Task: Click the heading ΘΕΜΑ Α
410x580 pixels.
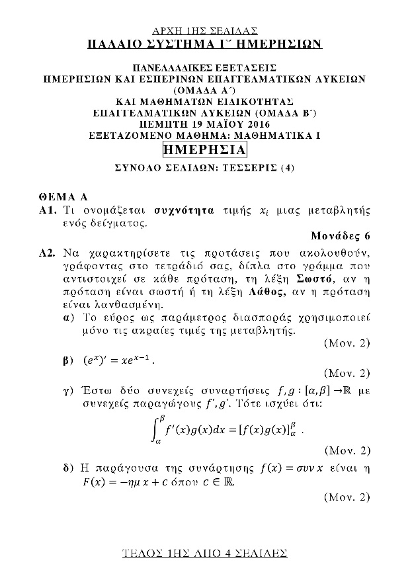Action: click(x=63, y=197)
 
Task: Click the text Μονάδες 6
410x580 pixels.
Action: click(x=340, y=236)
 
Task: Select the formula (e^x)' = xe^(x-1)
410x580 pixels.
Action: click(x=116, y=362)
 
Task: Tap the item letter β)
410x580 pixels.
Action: click(x=66, y=362)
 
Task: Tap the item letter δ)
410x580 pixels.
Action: click(x=66, y=469)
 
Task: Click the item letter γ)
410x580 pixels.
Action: click(x=66, y=392)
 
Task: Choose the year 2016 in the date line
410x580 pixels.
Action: click(x=255, y=123)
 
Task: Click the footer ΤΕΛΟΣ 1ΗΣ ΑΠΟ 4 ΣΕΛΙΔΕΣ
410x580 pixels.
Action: click(x=204, y=552)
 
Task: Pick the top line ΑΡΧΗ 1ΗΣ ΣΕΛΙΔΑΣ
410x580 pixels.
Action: click(x=204, y=30)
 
